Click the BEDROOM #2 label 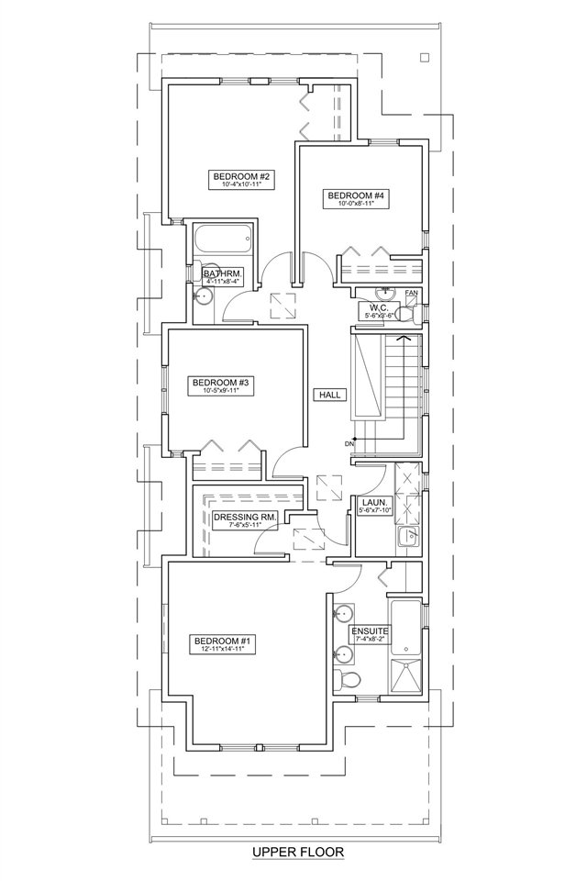[x=239, y=175]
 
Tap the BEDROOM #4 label [x=356, y=195]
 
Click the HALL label [x=329, y=395]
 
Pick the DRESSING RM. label [x=244, y=518]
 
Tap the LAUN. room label [x=373, y=503]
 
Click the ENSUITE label [x=371, y=631]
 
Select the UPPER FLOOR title [x=298, y=853]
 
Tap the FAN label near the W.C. [x=411, y=294]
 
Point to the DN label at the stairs [x=349, y=445]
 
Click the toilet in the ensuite [x=349, y=679]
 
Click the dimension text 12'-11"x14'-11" [x=220, y=649]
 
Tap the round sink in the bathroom [x=205, y=297]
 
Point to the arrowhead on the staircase [x=401, y=339]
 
